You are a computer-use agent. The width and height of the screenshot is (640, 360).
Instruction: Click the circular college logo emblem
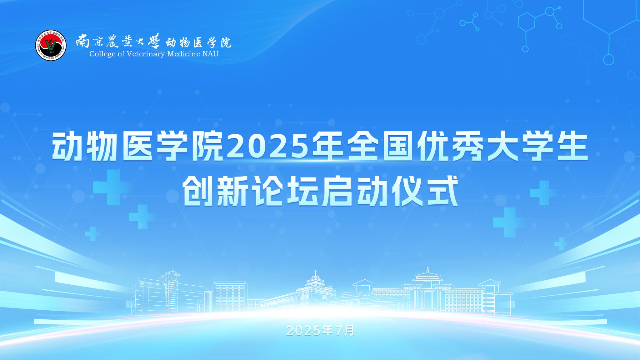pos(51,46)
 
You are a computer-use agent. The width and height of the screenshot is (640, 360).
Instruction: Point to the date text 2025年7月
pos(320,331)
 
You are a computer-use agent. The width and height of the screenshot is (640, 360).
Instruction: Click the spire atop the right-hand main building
pos(427,271)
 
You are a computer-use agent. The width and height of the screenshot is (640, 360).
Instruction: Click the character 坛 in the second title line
pos(302,191)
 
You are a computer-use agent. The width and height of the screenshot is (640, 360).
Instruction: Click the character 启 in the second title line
pos(337,191)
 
